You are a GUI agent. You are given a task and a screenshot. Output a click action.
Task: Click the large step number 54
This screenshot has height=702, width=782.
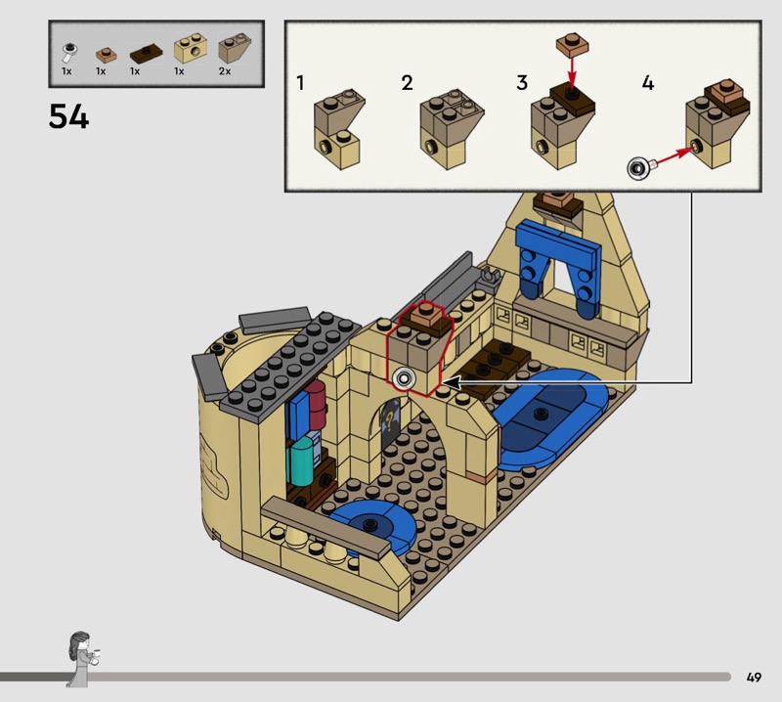click(68, 117)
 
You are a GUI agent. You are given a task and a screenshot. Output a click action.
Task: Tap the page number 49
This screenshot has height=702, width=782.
click(753, 677)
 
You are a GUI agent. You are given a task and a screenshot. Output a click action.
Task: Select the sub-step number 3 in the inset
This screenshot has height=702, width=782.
click(522, 83)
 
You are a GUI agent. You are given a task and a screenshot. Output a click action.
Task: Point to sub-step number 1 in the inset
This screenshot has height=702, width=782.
click(301, 83)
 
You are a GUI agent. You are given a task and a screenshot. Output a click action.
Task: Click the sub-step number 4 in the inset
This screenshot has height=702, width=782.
click(647, 83)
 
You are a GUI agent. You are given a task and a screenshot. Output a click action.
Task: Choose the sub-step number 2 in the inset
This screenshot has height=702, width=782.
click(407, 83)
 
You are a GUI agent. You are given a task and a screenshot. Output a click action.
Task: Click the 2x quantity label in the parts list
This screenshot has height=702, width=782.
click(226, 71)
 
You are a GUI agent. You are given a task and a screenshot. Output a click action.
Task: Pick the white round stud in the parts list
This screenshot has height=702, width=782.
click(68, 49)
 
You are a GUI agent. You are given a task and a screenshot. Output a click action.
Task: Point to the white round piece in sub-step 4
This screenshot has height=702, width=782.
click(639, 168)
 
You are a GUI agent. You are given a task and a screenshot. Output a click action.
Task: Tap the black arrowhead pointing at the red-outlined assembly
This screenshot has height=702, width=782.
click(452, 384)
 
